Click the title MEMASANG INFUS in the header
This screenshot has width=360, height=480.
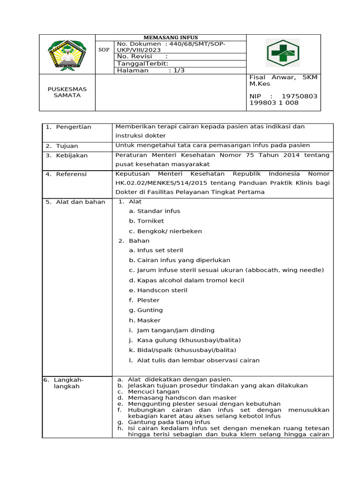(170, 37)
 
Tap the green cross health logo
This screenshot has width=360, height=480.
(282, 53)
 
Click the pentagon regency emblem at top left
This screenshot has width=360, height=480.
(67, 54)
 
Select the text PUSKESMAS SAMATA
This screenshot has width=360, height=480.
(67, 92)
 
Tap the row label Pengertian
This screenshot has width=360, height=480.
(74, 127)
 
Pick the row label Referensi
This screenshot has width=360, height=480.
(71, 174)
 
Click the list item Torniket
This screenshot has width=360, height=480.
(150, 221)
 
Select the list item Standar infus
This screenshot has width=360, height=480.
(158, 211)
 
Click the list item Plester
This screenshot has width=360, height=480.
(148, 300)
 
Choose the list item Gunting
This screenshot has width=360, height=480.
(150, 310)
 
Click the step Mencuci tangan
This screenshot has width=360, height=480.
(150, 391)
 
